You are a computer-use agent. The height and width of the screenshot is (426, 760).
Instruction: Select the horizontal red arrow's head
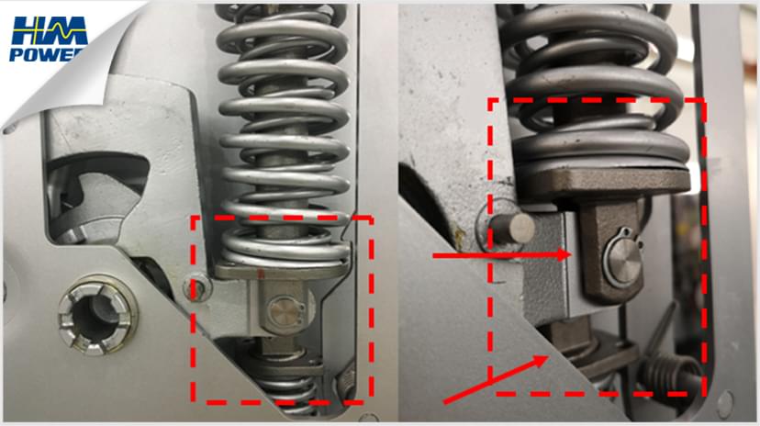(x=567, y=254)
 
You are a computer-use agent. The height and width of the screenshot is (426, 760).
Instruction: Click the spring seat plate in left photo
(x=275, y=268)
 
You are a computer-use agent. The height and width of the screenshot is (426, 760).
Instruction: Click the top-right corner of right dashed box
(x=704, y=99)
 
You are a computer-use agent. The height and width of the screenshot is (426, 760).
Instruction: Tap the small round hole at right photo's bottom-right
(x=725, y=400)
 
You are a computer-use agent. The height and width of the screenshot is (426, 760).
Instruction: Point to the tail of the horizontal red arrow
(x=433, y=254)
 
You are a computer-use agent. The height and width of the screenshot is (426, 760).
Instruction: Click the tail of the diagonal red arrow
(x=445, y=402)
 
